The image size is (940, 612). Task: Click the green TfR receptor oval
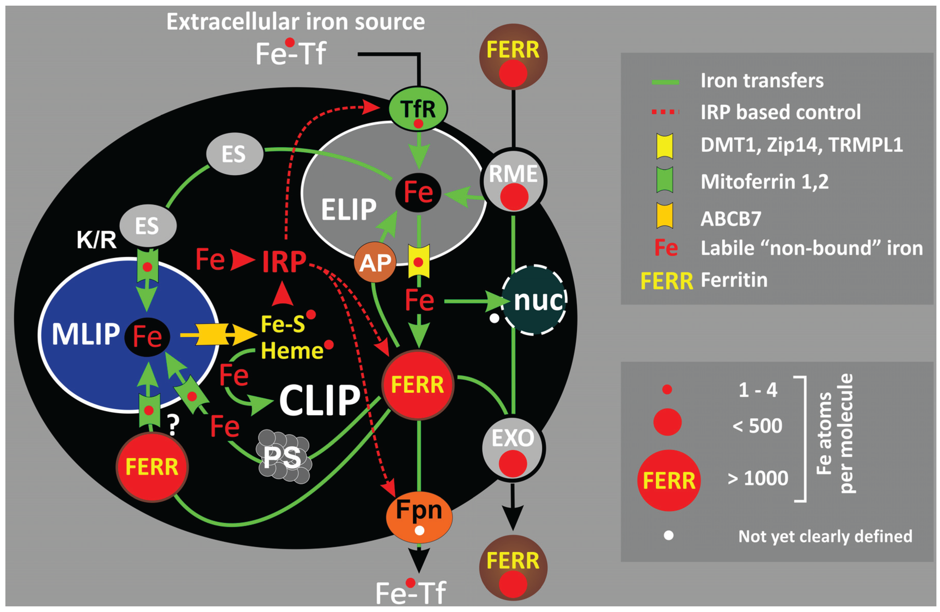(x=418, y=109)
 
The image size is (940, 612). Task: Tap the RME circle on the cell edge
(x=513, y=180)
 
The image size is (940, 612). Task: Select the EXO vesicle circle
(x=513, y=448)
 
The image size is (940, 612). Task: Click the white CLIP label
(x=320, y=400)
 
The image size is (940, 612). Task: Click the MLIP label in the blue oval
(x=86, y=334)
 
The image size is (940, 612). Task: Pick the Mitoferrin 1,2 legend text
(x=764, y=182)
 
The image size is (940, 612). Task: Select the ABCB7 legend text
(x=731, y=219)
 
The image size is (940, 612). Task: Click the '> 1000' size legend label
(x=758, y=478)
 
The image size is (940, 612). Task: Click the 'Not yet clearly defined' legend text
(x=825, y=536)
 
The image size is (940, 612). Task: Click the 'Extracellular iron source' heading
(x=295, y=22)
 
